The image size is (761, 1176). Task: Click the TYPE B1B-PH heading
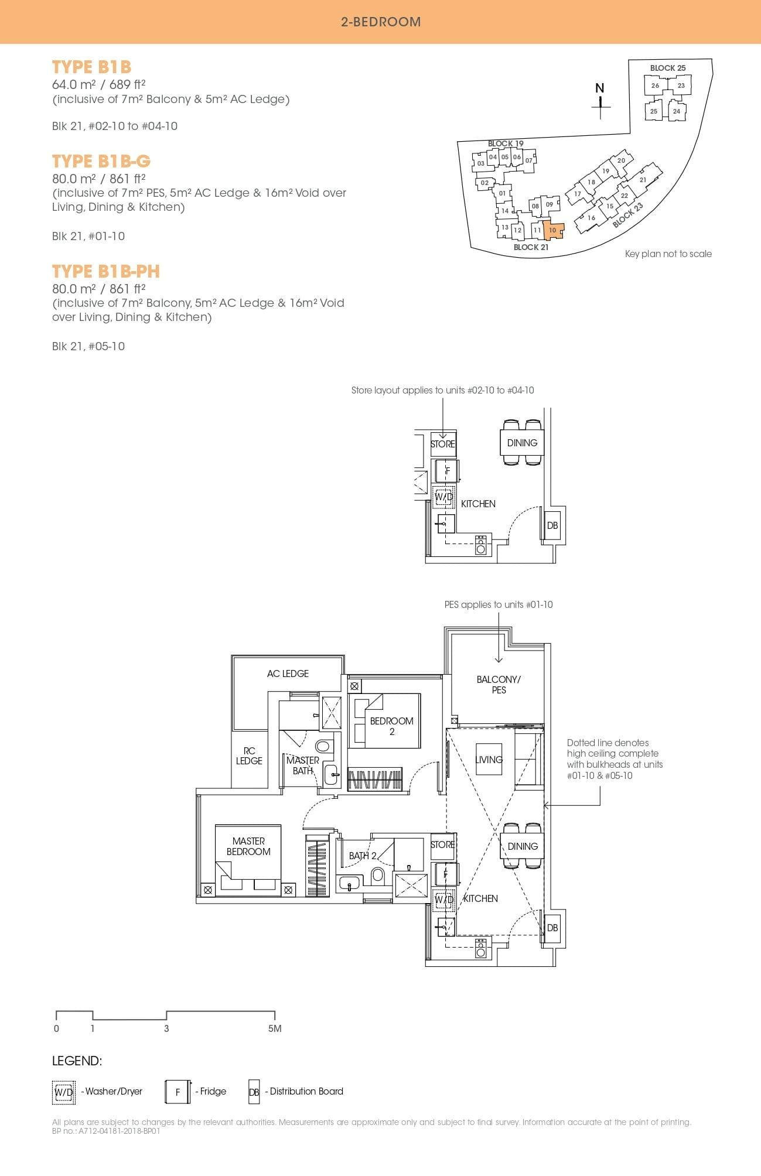106,271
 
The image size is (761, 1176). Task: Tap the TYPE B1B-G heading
101,161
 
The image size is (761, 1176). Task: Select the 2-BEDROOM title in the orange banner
381,22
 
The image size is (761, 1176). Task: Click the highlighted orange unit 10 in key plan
552,230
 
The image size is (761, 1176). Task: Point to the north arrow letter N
599,88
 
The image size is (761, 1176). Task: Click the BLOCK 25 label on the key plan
667,68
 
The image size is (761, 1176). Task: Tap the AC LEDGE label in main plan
288,674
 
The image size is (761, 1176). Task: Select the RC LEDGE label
249,755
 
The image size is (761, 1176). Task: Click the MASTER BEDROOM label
248,846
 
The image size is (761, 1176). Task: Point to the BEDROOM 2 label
391,726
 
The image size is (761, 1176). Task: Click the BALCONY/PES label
499,685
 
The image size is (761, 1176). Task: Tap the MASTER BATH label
302,765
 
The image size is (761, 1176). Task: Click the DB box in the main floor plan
552,928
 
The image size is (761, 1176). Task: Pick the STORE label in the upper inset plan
442,444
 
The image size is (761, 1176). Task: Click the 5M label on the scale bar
275,1028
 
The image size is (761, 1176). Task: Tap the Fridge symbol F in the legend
178,1092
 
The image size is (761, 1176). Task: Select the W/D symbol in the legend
64,1092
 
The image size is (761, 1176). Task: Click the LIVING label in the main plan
489,760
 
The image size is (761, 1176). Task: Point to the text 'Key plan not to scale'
668,254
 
